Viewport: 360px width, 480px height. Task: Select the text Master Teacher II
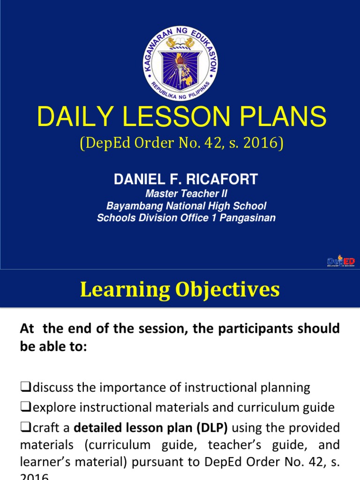(x=180, y=194)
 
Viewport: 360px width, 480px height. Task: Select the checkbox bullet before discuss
(x=25, y=388)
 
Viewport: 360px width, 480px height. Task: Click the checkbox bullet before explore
(x=25, y=408)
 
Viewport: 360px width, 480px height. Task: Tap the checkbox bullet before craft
(x=25, y=428)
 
